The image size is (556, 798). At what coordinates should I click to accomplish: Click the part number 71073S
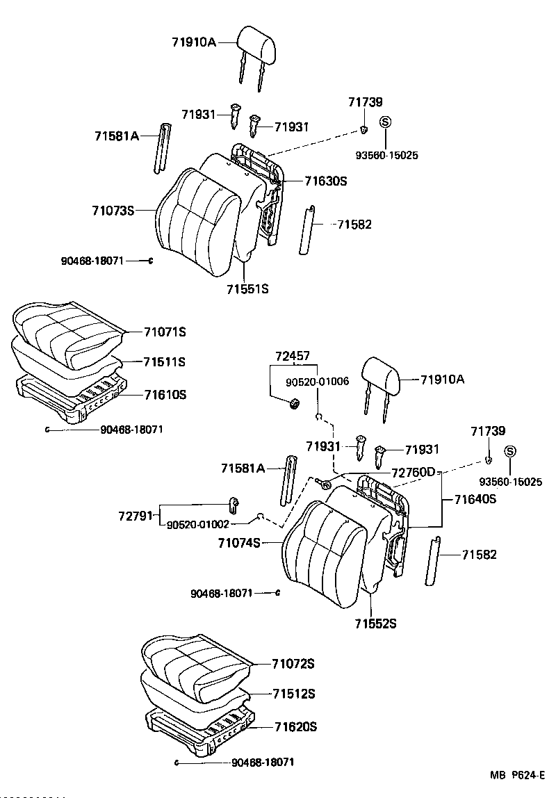114,209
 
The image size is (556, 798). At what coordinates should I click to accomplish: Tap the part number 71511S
165,362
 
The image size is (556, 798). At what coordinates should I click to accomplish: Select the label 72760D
413,473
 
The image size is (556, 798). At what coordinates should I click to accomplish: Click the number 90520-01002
197,524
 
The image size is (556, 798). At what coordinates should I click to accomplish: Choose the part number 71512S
293,694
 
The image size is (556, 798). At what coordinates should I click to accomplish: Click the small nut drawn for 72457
293,402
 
